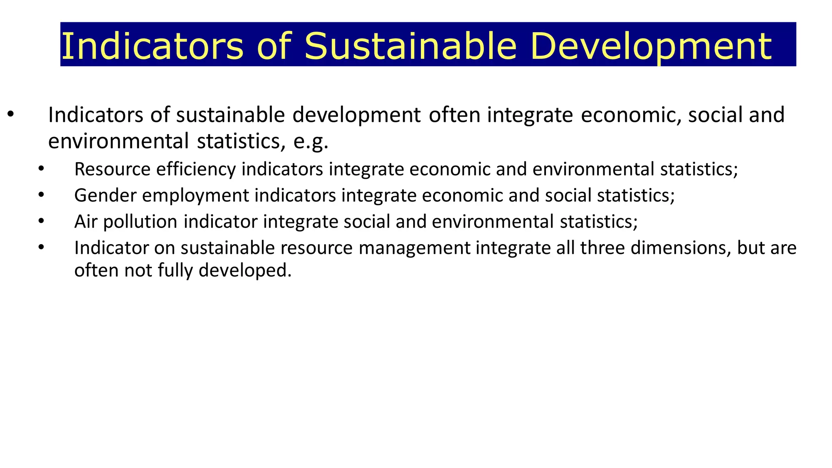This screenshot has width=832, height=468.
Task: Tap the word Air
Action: pos(86,222)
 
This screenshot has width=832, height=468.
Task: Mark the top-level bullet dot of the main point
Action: pos(11,115)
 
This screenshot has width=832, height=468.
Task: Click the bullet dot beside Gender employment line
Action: pos(41,195)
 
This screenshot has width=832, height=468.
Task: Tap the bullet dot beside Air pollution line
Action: pos(41,221)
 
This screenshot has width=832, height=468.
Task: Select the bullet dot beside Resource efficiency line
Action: pos(41,169)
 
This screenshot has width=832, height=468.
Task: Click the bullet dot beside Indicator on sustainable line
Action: pos(41,247)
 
